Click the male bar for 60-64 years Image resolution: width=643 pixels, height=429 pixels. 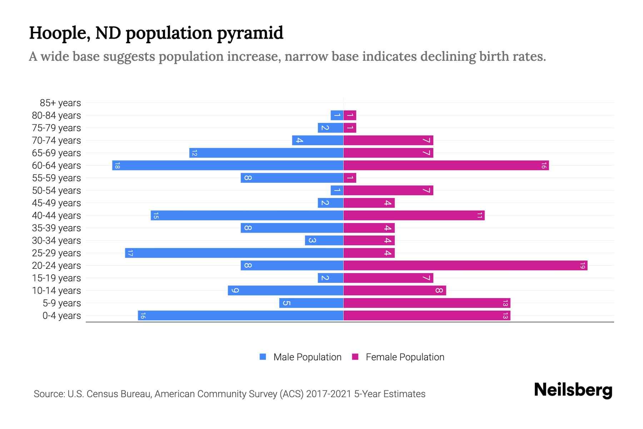coord(228,166)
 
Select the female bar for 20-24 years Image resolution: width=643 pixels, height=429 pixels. coord(465,266)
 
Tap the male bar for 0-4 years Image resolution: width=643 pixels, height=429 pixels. coord(240,316)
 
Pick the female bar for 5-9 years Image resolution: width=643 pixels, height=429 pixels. coord(427,303)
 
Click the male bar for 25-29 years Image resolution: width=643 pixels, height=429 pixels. coord(234,253)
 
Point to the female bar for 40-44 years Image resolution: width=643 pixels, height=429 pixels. coord(414,216)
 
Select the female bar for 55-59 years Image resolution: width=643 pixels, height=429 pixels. coord(350,178)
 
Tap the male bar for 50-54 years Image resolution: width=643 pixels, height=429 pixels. coord(337,191)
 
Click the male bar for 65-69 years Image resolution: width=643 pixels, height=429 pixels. coord(266,153)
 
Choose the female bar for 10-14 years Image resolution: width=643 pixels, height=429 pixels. coord(394,291)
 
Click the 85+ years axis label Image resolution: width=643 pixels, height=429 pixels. coord(60,103)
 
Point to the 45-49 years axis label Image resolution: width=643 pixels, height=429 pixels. coord(56,203)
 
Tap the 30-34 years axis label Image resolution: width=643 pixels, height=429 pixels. coord(56,241)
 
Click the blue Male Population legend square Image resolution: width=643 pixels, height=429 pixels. coord(263,357)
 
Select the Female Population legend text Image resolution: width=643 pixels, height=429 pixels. coord(405,357)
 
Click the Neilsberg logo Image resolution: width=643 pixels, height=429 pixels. coord(573,390)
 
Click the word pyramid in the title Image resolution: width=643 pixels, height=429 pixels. coord(250,33)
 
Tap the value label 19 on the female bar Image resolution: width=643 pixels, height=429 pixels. coord(582,266)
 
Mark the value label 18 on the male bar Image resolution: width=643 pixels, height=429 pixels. coord(117,166)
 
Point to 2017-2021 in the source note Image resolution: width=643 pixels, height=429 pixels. coord(328,394)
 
